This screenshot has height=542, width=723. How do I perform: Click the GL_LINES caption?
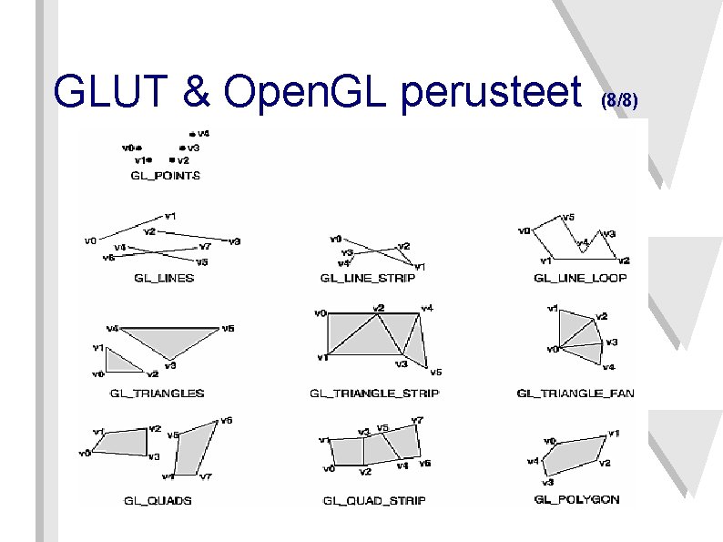point(164,277)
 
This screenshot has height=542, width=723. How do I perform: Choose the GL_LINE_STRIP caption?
point(368,277)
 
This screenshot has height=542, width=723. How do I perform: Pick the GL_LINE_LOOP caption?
point(580,277)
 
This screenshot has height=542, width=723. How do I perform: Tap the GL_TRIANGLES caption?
point(158,394)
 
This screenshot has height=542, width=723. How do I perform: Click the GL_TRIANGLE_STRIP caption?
point(374,394)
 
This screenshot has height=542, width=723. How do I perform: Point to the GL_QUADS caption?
point(158,500)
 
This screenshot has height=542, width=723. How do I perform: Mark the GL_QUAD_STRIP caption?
point(374,500)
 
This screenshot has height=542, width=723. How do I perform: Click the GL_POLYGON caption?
point(577,500)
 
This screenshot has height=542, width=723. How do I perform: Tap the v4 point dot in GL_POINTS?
point(191,133)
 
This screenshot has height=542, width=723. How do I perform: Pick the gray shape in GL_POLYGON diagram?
point(573,457)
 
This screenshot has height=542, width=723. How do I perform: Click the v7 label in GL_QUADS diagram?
point(207,476)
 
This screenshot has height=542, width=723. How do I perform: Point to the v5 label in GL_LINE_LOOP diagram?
point(568,218)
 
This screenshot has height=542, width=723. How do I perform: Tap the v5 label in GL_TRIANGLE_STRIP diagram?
point(436,372)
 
